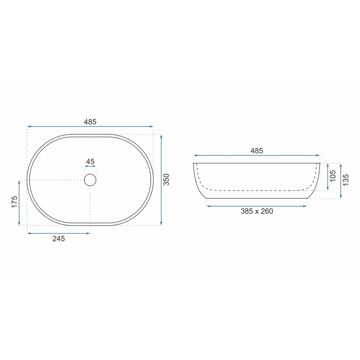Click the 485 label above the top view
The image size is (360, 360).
point(90,122)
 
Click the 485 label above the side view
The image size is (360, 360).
point(257,151)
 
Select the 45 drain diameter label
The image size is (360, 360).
point(90,161)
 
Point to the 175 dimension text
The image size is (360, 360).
point(15,202)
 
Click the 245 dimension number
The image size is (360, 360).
point(58,238)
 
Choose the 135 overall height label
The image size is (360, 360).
point(346,180)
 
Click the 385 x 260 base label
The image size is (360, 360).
point(257,211)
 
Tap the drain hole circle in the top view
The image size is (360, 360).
point(90,180)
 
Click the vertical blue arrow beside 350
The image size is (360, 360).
point(161,180)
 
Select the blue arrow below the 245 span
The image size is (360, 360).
point(58,233)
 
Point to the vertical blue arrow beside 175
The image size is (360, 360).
point(20,203)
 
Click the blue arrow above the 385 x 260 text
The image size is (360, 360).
point(257,206)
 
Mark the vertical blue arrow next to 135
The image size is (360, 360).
point(341,180)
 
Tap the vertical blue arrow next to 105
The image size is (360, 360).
point(328,177)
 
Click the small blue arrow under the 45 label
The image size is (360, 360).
point(90,168)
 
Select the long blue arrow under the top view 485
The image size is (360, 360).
point(90,126)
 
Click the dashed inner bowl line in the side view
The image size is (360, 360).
point(257,190)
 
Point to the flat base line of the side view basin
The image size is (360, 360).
point(257,198)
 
